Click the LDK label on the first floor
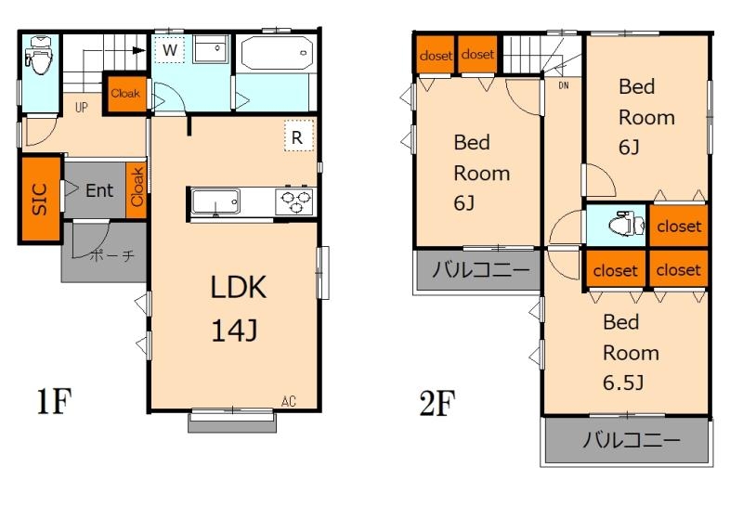[x=238, y=287]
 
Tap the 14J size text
[x=234, y=331]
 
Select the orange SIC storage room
[x=40, y=199]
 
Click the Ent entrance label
[x=99, y=190]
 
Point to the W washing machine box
[x=170, y=50]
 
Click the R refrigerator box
[x=299, y=136]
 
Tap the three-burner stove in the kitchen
[x=294, y=201]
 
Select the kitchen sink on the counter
[x=215, y=201]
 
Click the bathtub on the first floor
[x=277, y=53]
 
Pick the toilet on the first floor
[x=40, y=55]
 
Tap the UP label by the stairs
[x=82, y=107]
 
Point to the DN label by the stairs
[x=564, y=85]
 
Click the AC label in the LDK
[x=289, y=401]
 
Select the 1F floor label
[x=54, y=401]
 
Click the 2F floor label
[x=437, y=403]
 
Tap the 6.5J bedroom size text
[x=623, y=383]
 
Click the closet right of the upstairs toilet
[x=679, y=226]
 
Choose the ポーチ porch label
[x=111, y=256]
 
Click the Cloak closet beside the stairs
[x=125, y=94]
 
